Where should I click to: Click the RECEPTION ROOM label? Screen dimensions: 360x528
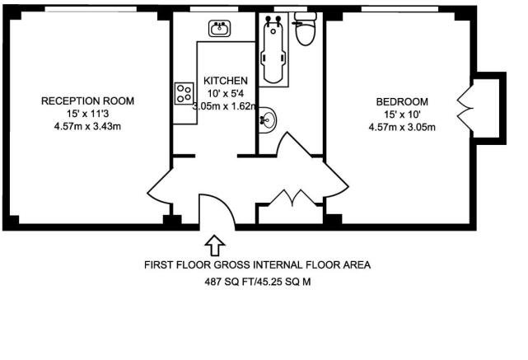tap(88, 101)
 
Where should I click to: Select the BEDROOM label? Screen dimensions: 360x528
tap(403, 101)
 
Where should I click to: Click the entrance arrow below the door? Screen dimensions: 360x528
tap(215, 245)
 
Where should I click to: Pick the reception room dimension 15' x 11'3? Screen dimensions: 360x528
tap(88, 114)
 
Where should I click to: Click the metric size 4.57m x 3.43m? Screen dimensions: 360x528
tap(88, 126)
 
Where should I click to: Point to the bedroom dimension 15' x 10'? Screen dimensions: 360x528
tap(403, 114)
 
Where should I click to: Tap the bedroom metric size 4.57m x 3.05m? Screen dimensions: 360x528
tap(403, 127)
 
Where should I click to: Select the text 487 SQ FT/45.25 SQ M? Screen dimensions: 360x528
tap(257, 281)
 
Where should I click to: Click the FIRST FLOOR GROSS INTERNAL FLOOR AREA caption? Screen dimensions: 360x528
tap(257, 265)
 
